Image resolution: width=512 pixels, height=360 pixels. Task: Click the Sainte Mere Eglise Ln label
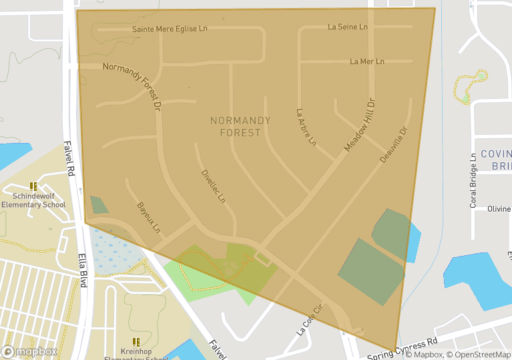tap(170, 29)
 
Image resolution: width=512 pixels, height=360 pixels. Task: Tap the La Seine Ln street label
tap(348, 27)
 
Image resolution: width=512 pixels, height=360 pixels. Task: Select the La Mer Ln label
tap(367, 61)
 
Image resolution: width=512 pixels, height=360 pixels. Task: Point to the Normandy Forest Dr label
tap(133, 85)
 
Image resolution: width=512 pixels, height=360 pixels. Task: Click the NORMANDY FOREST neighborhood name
tap(240, 126)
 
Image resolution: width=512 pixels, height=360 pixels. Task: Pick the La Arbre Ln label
tap(306, 127)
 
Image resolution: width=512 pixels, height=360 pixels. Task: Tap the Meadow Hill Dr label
tap(360, 124)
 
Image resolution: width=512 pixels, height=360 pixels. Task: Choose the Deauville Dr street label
tap(393, 144)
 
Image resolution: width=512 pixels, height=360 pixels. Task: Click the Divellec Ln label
tap(214, 186)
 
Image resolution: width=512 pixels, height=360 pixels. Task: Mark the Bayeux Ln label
tap(149, 218)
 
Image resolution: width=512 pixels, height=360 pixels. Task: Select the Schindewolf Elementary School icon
tap(33, 187)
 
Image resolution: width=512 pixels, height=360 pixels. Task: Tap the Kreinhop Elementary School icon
tap(136, 341)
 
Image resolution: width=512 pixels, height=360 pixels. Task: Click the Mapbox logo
tap(29, 351)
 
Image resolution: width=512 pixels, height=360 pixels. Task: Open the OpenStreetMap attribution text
tap(479, 355)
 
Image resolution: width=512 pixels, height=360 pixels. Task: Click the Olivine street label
tap(499, 209)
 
